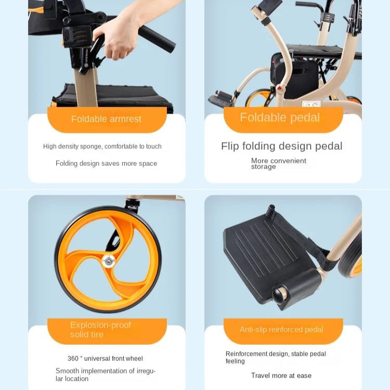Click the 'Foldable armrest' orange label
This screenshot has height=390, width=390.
(107, 120)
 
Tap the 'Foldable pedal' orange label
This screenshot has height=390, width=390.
(283, 120)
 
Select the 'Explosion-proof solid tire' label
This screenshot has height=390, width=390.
(107, 331)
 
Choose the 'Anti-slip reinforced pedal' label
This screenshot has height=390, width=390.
(283, 331)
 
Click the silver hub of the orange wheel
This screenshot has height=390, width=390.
(108, 262)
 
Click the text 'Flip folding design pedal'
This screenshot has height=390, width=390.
(282, 146)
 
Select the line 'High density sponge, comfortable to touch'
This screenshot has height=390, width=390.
(102, 146)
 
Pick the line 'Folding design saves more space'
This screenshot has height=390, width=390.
(106, 163)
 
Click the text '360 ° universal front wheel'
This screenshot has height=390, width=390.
(105, 358)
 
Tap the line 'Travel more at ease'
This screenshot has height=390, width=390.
(281, 375)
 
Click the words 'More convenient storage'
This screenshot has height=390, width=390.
(279, 164)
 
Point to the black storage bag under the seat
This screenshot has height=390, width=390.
(295, 74)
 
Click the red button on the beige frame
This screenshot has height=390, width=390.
(281, 88)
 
